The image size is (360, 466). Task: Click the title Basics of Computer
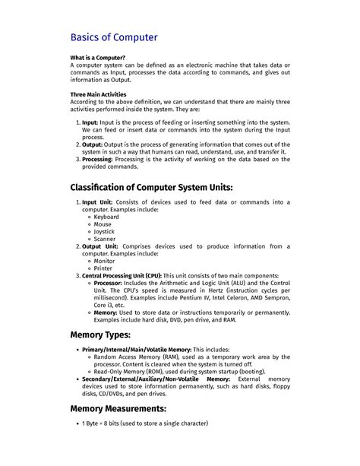[114, 36]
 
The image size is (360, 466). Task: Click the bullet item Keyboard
[106, 217]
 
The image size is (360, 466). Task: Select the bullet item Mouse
[103, 224]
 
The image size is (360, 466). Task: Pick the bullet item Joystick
[106, 231]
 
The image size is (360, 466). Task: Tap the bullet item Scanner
[105, 239]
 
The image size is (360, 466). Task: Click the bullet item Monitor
[105, 261]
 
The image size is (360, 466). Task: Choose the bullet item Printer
[103, 268]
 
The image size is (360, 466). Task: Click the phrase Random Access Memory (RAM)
[145, 356]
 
